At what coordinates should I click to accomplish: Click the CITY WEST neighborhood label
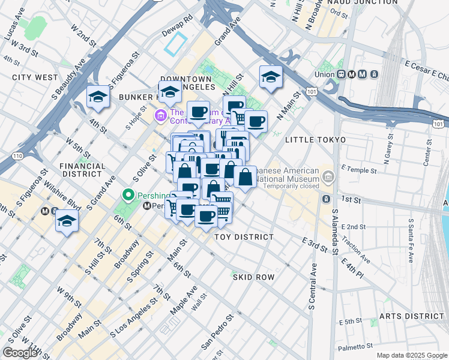(x=35, y=77)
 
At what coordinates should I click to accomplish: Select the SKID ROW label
(x=253, y=277)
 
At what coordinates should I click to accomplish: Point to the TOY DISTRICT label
(x=244, y=237)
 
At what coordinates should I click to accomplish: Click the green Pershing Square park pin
(x=127, y=195)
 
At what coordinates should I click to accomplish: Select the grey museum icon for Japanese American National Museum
(x=328, y=176)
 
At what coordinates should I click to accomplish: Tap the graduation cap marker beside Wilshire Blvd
(x=67, y=221)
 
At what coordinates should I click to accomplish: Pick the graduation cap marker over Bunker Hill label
(x=170, y=92)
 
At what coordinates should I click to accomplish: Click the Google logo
(x=20, y=352)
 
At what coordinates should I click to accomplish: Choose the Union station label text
(x=326, y=74)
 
